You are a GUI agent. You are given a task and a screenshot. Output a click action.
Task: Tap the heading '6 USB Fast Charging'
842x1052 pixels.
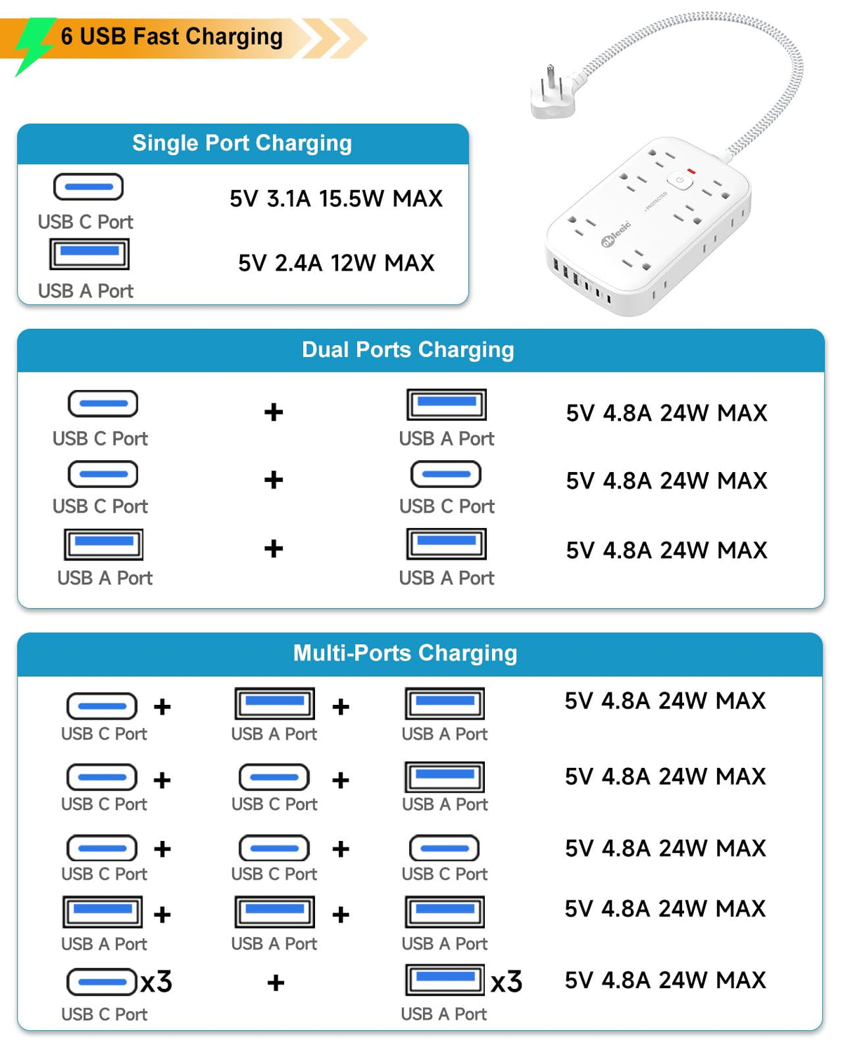(172, 36)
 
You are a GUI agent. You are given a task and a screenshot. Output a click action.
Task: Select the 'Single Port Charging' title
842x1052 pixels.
(242, 143)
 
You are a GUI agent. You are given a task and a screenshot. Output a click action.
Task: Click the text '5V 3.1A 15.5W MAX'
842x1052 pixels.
(336, 198)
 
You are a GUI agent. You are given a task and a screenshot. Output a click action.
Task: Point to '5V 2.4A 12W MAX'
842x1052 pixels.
(336, 263)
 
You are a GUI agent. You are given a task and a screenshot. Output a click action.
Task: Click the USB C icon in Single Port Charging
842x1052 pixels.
(88, 187)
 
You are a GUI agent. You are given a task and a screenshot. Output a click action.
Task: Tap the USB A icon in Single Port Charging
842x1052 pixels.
(89, 254)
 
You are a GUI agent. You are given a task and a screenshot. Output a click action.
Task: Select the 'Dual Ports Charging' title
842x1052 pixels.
(408, 349)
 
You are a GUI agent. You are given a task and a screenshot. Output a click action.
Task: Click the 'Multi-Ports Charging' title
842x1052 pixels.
(405, 653)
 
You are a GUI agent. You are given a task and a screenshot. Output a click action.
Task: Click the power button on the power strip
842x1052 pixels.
(680, 180)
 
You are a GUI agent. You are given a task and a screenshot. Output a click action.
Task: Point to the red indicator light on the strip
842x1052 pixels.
(691, 171)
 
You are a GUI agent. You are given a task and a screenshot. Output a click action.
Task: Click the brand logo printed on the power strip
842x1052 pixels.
(616, 233)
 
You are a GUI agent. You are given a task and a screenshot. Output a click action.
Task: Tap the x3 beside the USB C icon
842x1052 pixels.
(156, 981)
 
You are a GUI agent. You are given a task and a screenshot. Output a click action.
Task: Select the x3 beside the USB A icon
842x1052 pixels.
(507, 981)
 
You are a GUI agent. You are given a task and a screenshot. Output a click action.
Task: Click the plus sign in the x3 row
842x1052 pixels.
(276, 983)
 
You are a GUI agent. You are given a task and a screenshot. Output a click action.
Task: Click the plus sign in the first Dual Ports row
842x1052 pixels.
(274, 412)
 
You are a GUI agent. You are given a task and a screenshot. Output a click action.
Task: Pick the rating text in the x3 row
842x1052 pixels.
(665, 980)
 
